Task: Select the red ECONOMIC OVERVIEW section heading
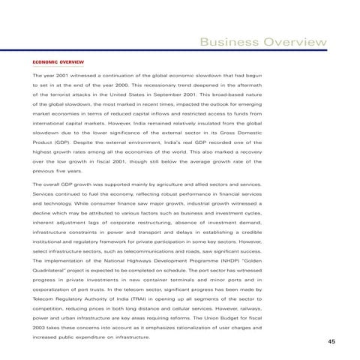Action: click(57, 61)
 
